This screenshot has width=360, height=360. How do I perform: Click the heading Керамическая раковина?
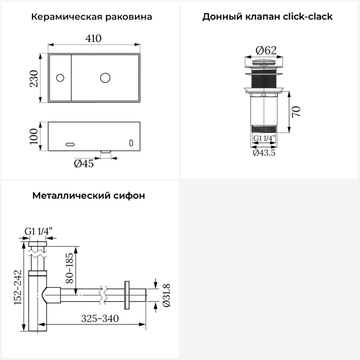pyautogui.click(x=91, y=17)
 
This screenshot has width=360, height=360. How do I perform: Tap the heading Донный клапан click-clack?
pyautogui.click(x=267, y=17)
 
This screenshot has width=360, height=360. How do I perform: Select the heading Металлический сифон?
pyautogui.click(x=89, y=196)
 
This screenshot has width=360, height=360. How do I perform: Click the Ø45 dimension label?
pyautogui.click(x=84, y=164)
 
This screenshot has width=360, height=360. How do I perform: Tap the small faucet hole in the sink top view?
pyautogui.click(x=60, y=77)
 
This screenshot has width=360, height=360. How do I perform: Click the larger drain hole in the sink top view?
pyautogui.click(x=105, y=77)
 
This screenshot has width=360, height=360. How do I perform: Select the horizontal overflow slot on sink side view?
pyautogui.click(x=70, y=144)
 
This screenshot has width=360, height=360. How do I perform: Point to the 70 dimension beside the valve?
pyautogui.click(x=296, y=112)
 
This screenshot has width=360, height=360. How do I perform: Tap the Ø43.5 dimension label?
pyautogui.click(x=264, y=153)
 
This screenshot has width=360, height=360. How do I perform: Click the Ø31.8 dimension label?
pyautogui.click(x=166, y=295)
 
